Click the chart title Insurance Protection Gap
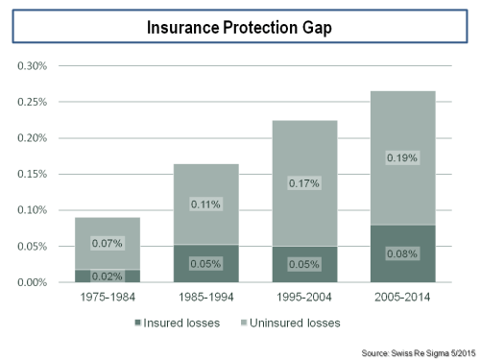[240, 28]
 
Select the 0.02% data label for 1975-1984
[107, 276]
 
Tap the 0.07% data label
[107, 244]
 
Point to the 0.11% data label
[205, 204]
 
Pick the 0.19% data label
[401, 157]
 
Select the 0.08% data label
[401, 254]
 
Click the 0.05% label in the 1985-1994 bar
[205, 264]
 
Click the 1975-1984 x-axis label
[107, 299]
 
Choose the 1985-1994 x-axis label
[205, 299]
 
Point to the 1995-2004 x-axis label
[303, 299]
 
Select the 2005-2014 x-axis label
[401, 299]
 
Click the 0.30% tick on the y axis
[33, 66]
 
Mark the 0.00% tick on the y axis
[33, 282]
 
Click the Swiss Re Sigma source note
[417, 350]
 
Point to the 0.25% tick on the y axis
[33, 102]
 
